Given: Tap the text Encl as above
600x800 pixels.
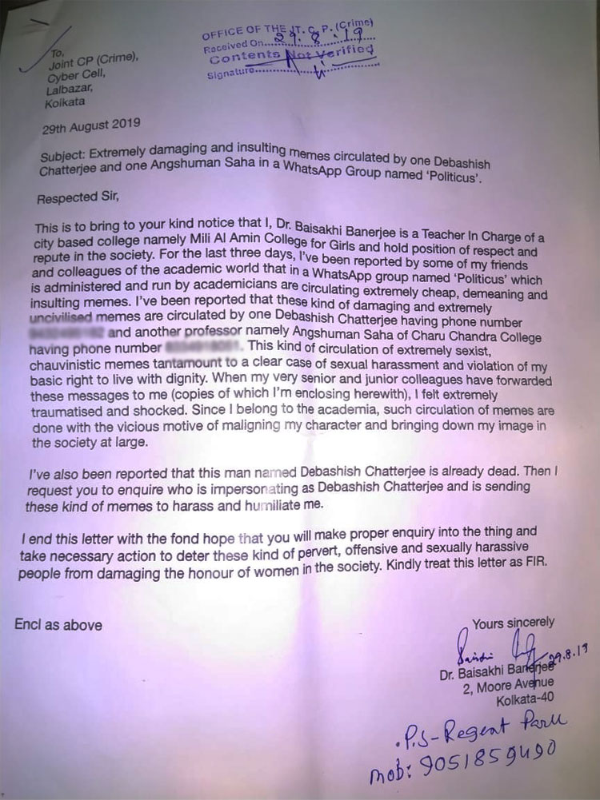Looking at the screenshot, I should (x=58, y=624).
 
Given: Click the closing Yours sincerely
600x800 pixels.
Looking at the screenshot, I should (x=513, y=622).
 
